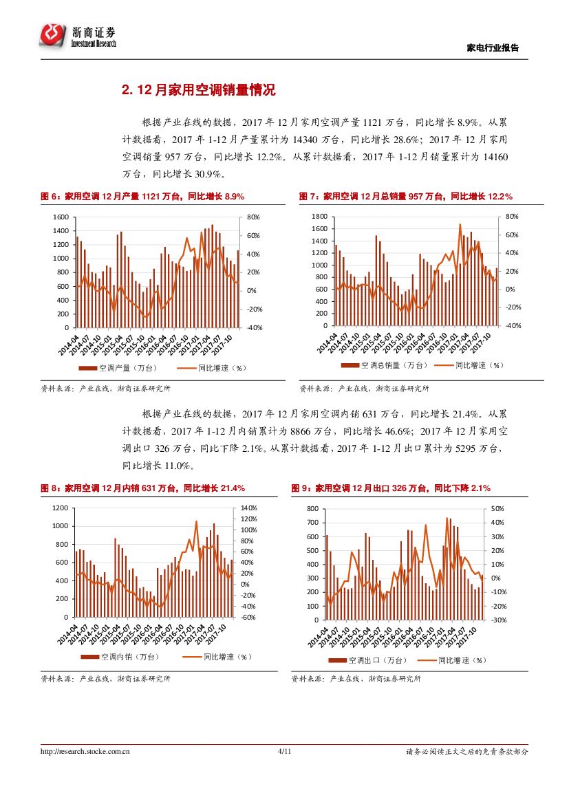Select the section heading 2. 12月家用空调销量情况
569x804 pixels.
coord(198,90)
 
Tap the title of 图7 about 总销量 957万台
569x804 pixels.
coord(406,196)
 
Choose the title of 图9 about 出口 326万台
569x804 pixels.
coord(391,488)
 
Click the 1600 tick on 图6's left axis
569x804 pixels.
coord(61,217)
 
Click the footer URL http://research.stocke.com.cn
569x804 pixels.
coord(85,752)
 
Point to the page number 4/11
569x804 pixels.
coord(285,752)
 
